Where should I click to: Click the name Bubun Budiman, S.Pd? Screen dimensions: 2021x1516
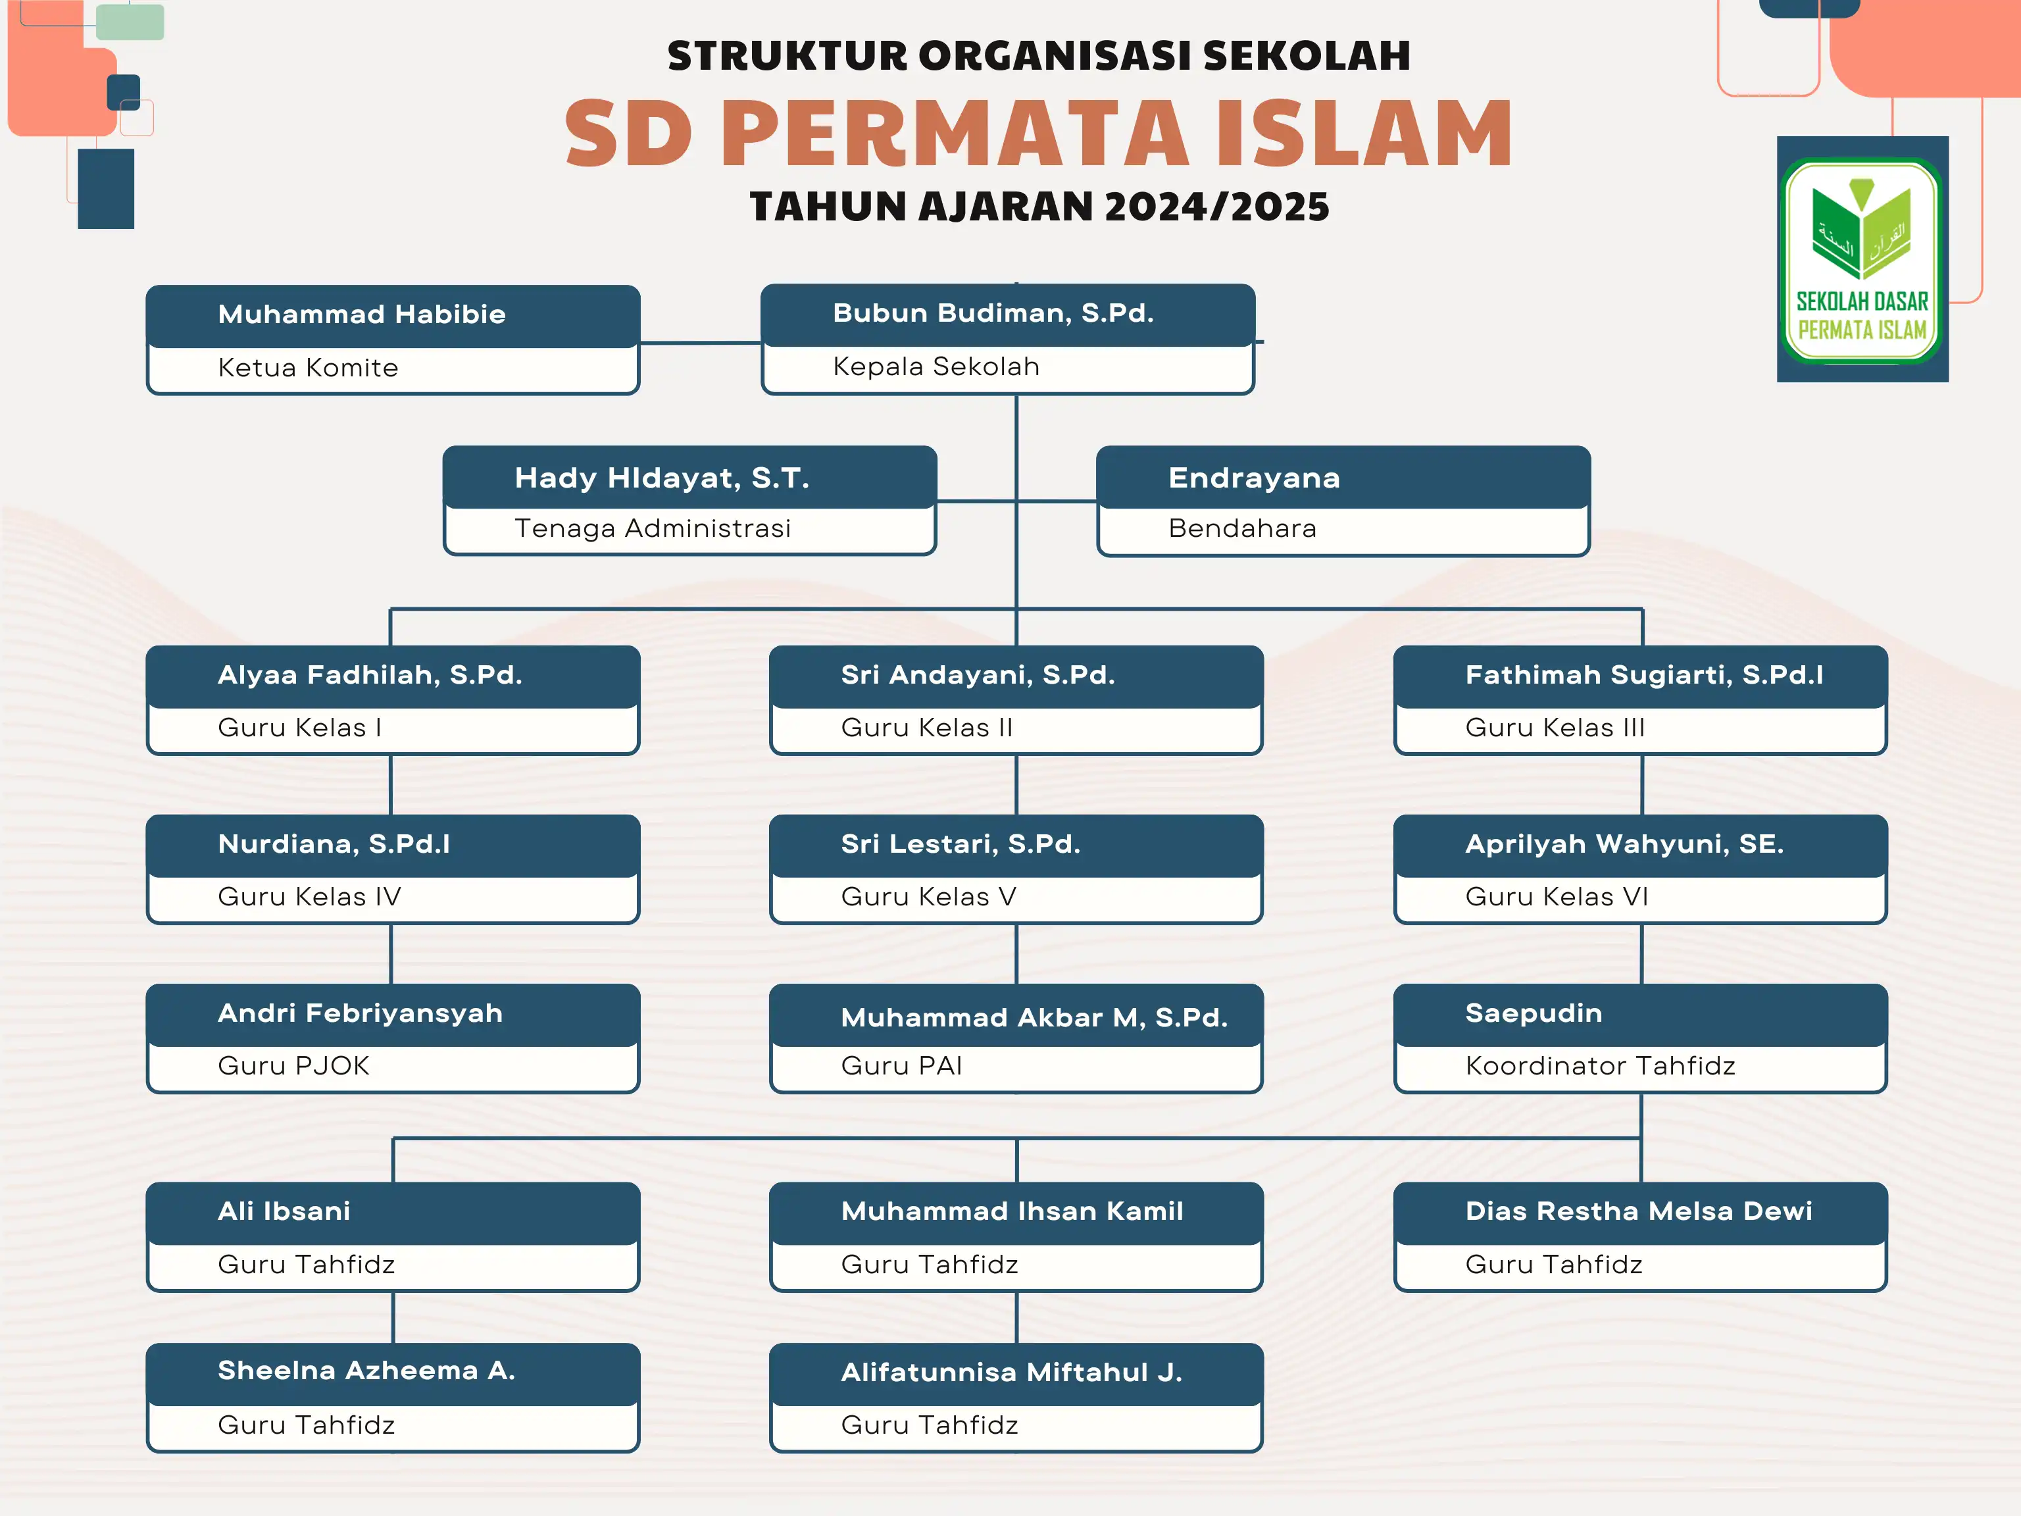click(993, 313)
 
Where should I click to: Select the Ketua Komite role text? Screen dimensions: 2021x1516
click(308, 367)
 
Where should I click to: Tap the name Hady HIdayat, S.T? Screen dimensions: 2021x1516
click(661, 478)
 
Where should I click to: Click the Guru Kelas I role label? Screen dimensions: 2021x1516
click(300, 727)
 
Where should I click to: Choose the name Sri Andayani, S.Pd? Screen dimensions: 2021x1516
click(978, 675)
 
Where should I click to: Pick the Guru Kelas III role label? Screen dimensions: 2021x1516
click(1555, 727)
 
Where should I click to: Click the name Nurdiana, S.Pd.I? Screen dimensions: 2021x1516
click(334, 844)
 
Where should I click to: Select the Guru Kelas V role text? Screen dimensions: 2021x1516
click(928, 896)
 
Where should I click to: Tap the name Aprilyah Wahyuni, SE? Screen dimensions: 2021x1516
click(1624, 844)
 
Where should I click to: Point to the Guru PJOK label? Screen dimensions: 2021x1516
click(293, 1065)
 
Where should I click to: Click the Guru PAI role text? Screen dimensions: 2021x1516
click(902, 1065)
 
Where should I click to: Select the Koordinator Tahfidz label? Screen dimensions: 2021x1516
click(1600, 1065)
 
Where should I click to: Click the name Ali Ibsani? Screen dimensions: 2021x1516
click(284, 1211)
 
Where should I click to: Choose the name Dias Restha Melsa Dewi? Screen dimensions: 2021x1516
click(1638, 1211)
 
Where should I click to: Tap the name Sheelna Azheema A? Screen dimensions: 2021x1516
click(366, 1371)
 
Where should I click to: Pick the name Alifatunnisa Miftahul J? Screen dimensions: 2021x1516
click(1011, 1373)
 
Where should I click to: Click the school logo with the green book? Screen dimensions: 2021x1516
click(1862, 259)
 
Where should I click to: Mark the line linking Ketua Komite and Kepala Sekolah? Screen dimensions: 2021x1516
click(700, 343)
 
